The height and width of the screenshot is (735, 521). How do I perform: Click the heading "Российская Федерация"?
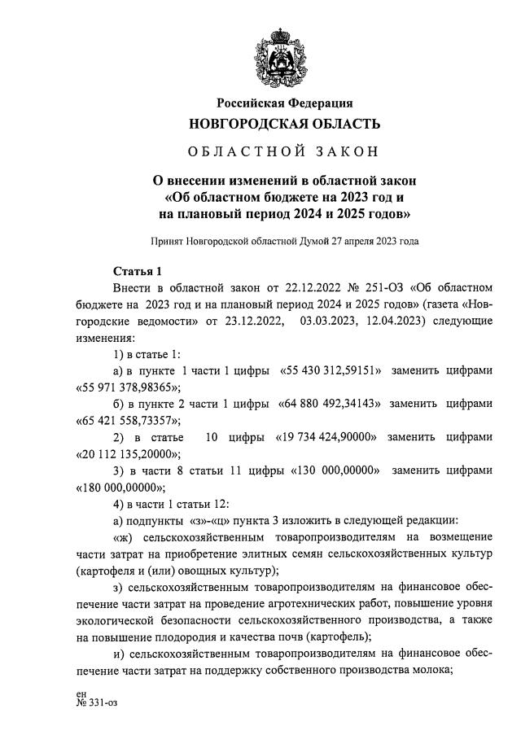[x=284, y=103]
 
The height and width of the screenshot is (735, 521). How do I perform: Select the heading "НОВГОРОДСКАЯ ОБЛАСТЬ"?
[x=284, y=124]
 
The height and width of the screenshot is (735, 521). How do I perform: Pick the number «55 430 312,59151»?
[x=332, y=370]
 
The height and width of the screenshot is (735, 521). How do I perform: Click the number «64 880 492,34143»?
[x=330, y=404]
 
